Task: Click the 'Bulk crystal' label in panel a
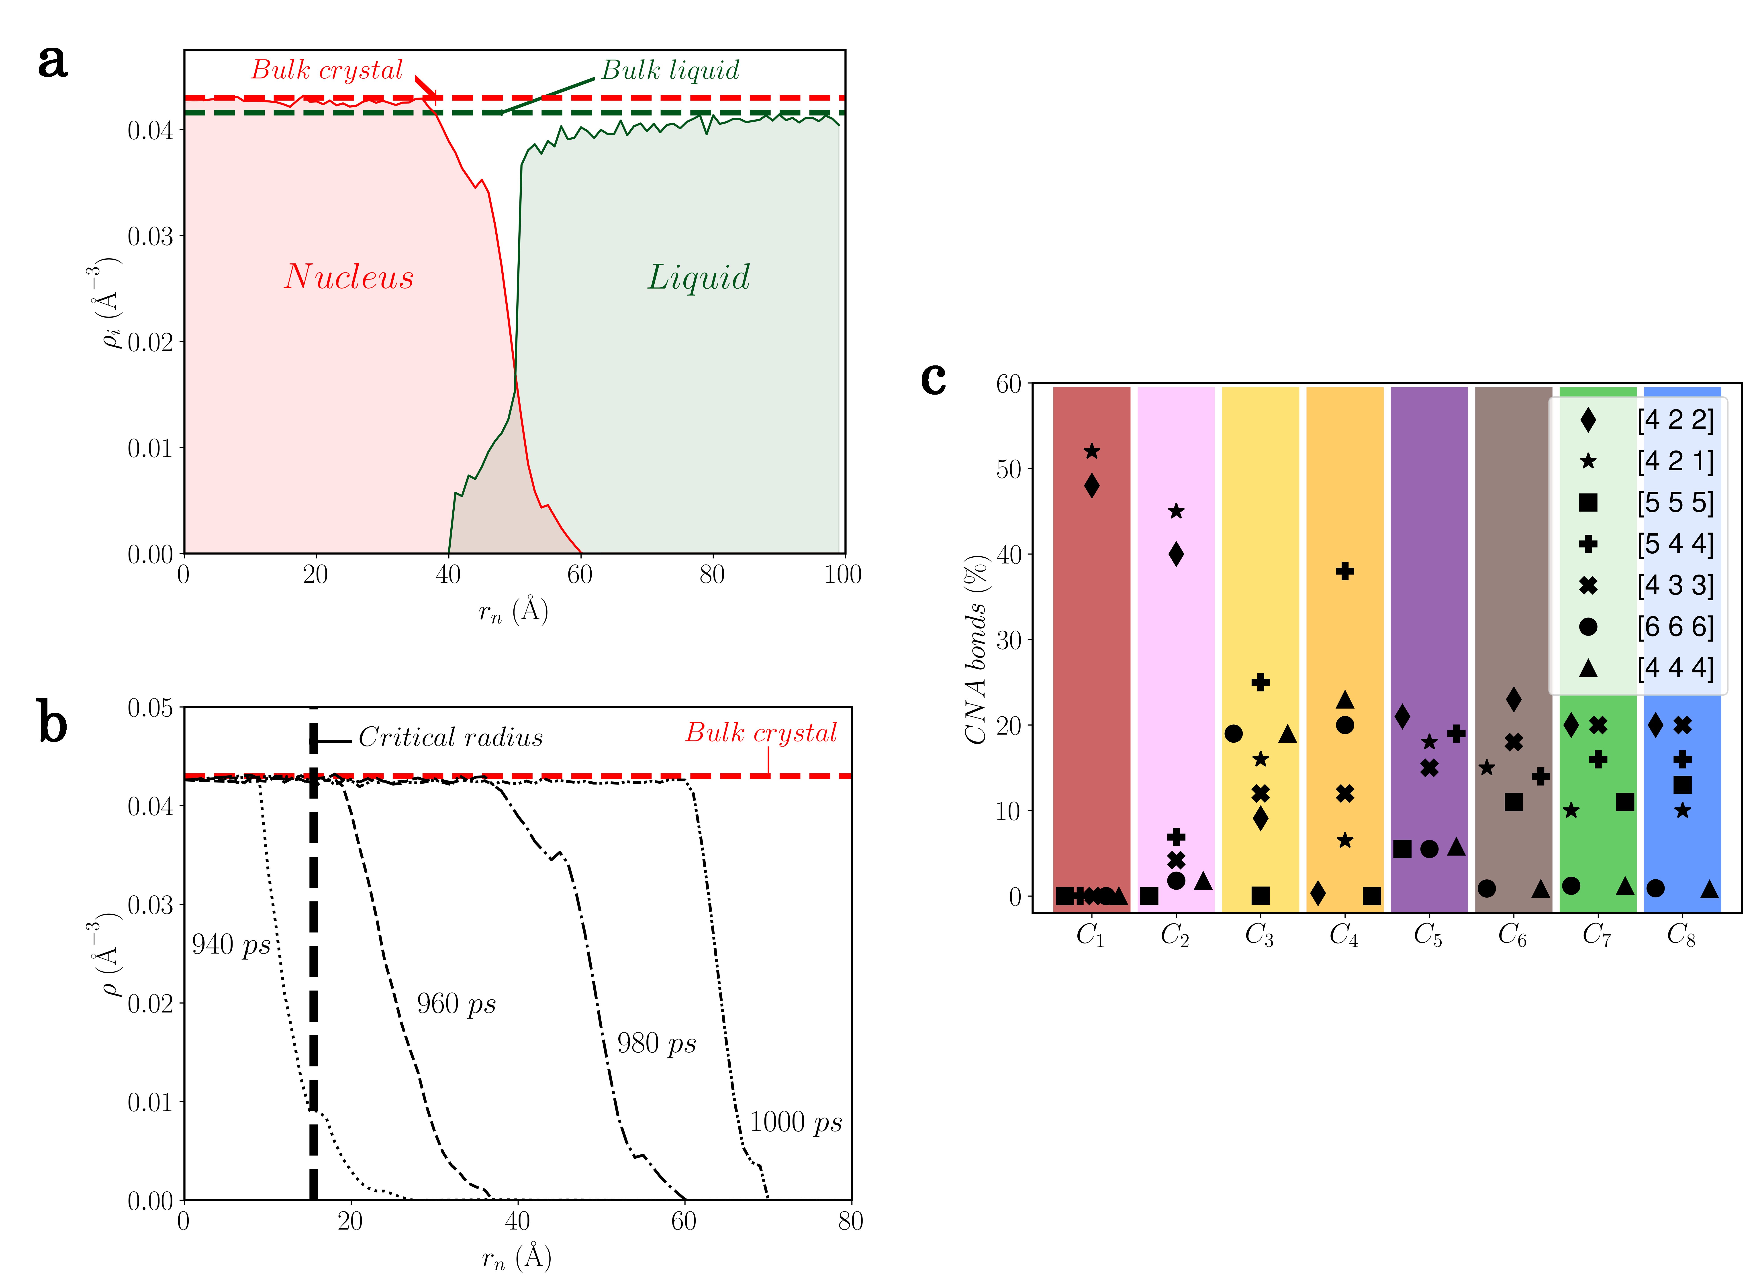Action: tap(326, 70)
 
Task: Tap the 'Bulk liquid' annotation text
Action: tap(670, 70)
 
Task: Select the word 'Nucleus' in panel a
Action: tap(349, 277)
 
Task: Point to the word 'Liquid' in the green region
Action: tap(699, 277)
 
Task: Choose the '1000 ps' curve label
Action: tap(795, 1123)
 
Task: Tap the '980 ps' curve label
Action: tap(656, 1043)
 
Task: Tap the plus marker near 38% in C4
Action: tap(1344, 571)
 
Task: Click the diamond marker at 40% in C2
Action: tap(1176, 554)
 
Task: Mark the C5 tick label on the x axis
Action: tap(1428, 935)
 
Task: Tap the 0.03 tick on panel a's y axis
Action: tap(150, 236)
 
